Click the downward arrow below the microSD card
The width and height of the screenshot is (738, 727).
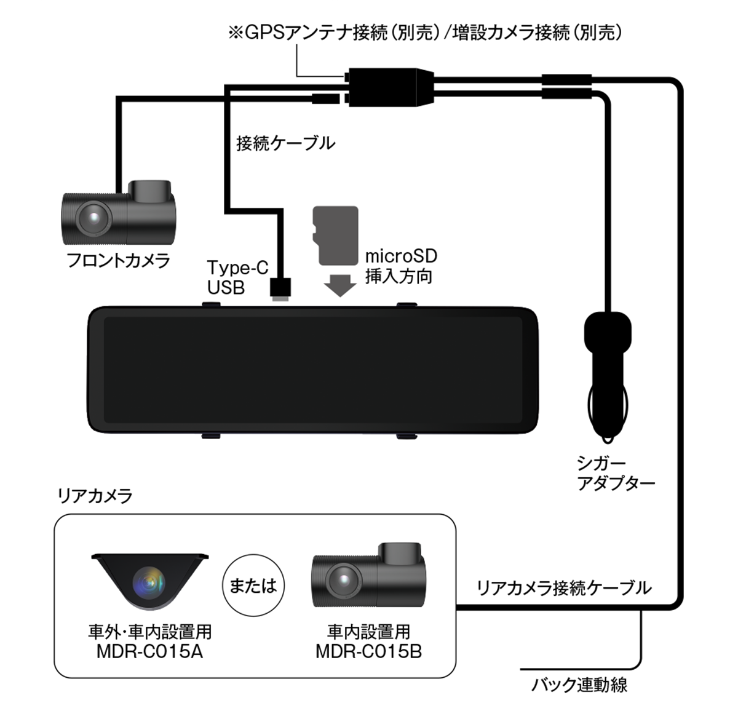tap(339, 285)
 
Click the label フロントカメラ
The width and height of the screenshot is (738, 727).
tap(118, 260)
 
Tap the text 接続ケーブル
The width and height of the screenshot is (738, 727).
tap(285, 143)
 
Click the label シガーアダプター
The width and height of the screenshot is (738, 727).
tap(615, 473)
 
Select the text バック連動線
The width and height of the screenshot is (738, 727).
tap(579, 685)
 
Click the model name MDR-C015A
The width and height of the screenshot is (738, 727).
tap(149, 651)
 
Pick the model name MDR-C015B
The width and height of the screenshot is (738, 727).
tap(368, 651)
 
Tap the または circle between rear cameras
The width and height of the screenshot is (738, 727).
tap(253, 585)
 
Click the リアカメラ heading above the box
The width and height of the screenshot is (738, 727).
tap(94, 496)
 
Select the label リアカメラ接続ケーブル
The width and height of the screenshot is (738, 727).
tap(563, 588)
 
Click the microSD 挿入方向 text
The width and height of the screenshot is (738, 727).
tap(400, 266)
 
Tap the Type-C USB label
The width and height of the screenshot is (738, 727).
tap(237, 277)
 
